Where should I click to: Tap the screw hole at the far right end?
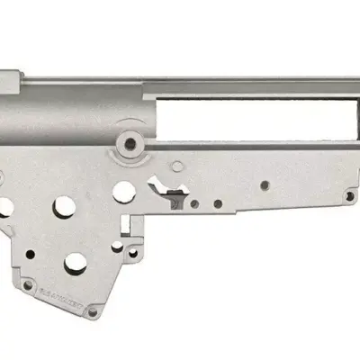tap(349, 195)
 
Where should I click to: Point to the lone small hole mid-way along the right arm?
tap(265, 185)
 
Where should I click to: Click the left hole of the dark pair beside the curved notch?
tap(195, 203)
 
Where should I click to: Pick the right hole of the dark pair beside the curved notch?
tap(218, 203)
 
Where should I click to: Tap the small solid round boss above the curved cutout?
tap(177, 166)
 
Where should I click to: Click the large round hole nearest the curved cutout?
tap(123, 192)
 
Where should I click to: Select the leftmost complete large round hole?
tap(65, 206)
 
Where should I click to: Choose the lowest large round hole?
tap(76, 262)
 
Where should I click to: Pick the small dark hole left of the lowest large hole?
tap(31, 255)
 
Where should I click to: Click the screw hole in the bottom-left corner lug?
tap(28, 285)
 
